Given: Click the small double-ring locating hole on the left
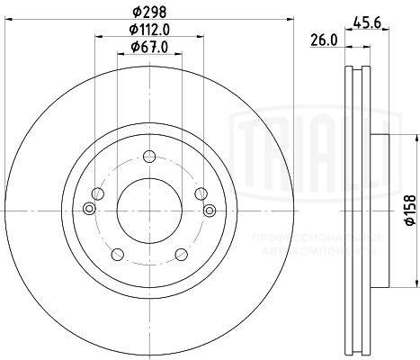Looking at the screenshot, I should tap(88, 209).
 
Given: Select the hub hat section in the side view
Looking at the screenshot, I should tap(381, 209).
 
